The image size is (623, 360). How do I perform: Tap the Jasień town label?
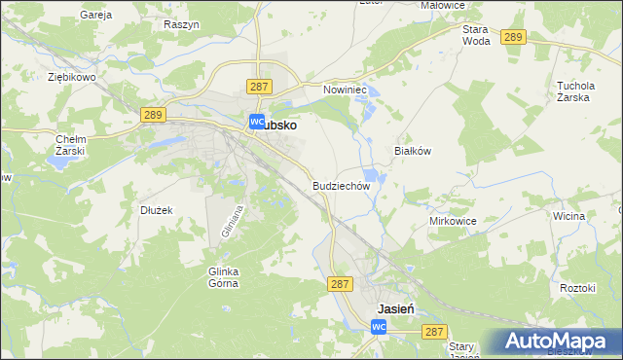pyautogui.click(x=396, y=307)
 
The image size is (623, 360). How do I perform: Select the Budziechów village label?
pyautogui.click(x=342, y=185)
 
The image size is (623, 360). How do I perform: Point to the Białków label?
pyautogui.click(x=412, y=151)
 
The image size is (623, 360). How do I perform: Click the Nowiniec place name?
pyautogui.click(x=344, y=89)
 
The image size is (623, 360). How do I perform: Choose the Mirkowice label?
pyautogui.click(x=453, y=221)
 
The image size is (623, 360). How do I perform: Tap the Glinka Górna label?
pyautogui.click(x=224, y=277)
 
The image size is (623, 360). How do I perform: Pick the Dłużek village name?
pyautogui.click(x=156, y=209)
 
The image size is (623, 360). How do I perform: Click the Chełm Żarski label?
pyautogui.click(x=71, y=145)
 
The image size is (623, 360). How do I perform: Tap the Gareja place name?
pyautogui.click(x=96, y=16)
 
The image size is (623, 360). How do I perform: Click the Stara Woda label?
pyautogui.click(x=476, y=35)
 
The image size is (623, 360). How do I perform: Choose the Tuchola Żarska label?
pyautogui.click(x=575, y=90)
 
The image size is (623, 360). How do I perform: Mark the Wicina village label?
pyautogui.click(x=570, y=217)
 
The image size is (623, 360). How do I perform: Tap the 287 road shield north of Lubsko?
pyautogui.click(x=258, y=87)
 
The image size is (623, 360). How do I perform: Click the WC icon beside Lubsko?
pyautogui.click(x=257, y=123)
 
